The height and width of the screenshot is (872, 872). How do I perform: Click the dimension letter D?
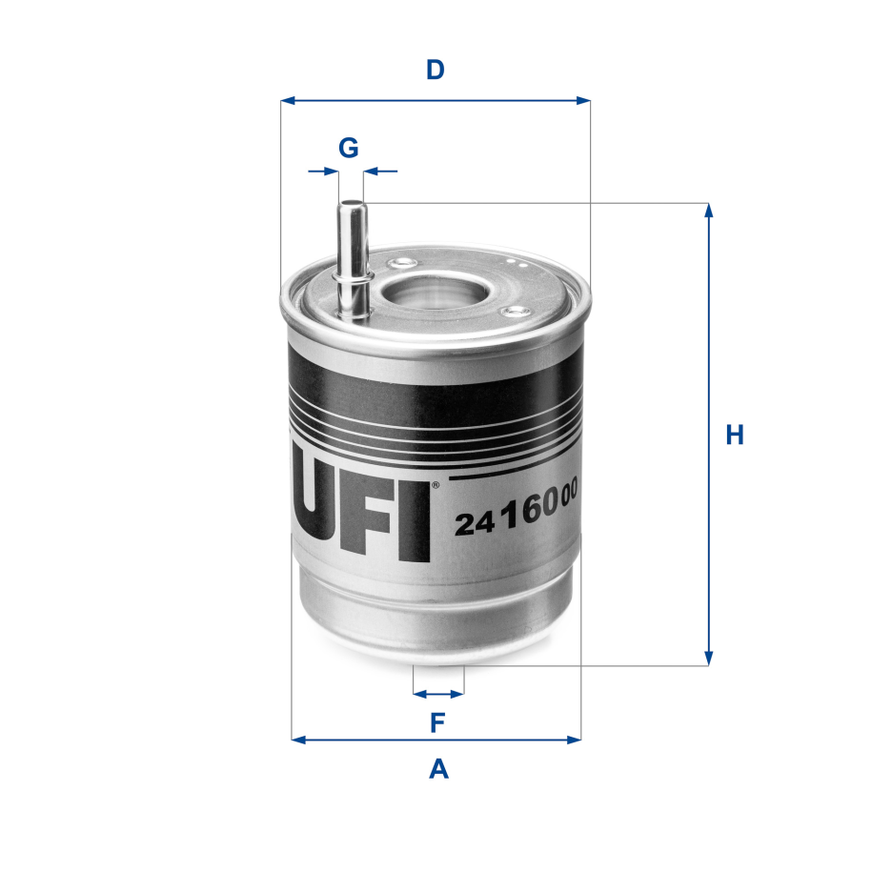[x=435, y=71]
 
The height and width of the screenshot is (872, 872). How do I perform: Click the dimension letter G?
[x=349, y=148]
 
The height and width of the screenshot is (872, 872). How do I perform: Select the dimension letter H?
[x=735, y=435]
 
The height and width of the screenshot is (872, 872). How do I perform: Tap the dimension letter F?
[x=437, y=722]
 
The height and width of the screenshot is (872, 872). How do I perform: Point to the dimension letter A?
[x=438, y=769]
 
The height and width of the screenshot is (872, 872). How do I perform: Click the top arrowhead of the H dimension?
[x=708, y=210]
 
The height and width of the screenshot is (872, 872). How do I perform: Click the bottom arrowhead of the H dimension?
[x=708, y=659]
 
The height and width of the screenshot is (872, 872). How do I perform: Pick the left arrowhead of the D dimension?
[x=288, y=101]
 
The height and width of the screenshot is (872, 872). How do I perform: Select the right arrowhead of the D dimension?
[x=583, y=101]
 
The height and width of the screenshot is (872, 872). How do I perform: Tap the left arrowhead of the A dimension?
[x=298, y=740]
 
